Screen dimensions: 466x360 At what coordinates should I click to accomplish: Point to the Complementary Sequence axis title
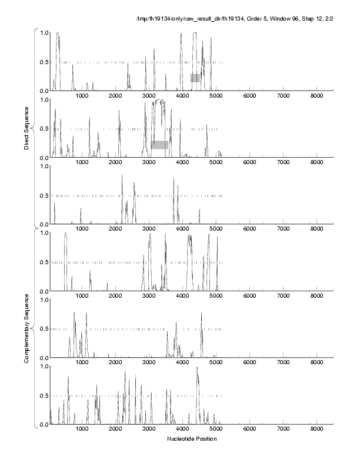click(x=26, y=327)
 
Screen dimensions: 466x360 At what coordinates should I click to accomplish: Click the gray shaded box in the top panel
click(x=195, y=78)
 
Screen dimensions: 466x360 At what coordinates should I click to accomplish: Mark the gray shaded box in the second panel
click(x=159, y=145)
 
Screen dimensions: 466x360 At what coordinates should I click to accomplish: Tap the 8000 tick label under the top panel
click(x=317, y=95)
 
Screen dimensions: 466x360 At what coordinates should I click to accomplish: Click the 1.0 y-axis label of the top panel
click(x=43, y=32)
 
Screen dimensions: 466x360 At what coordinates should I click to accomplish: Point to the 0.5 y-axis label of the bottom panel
click(x=43, y=395)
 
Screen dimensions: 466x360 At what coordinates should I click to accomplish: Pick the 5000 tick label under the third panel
click(x=216, y=229)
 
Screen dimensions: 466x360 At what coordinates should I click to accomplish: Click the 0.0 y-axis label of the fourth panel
click(x=43, y=291)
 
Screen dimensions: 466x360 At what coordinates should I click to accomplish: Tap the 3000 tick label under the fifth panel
click(x=149, y=362)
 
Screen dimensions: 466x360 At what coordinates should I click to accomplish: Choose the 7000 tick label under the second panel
click(x=284, y=162)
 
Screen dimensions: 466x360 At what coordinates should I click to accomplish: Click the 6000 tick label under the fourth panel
click(x=250, y=296)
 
